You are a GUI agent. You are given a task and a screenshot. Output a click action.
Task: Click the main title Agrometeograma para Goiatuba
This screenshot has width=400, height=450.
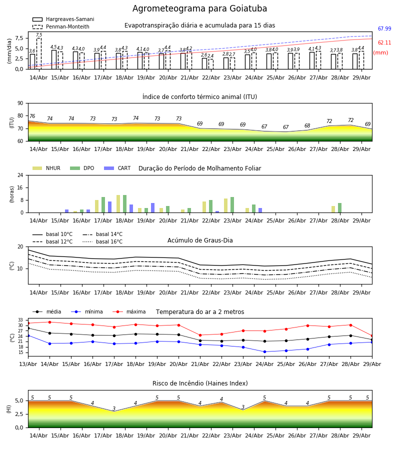(199, 8)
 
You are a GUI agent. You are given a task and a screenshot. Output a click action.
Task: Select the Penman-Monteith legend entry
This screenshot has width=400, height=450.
(61, 26)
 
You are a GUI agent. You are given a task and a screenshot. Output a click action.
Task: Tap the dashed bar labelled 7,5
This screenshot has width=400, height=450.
(39, 53)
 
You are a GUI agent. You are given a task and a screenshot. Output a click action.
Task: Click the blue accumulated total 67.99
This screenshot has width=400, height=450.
(384, 28)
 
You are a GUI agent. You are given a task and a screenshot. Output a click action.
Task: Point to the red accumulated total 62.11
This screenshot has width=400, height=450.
(384, 43)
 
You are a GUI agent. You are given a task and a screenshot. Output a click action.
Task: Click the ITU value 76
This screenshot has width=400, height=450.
(32, 116)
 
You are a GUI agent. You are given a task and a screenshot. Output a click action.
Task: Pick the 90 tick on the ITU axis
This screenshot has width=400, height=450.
(20, 103)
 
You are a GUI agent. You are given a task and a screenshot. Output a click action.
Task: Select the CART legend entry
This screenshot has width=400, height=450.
(117, 168)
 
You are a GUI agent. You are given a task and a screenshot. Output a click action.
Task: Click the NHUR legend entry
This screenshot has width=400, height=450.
(46, 168)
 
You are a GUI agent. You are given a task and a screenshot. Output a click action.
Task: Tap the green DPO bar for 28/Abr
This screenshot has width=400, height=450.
(339, 208)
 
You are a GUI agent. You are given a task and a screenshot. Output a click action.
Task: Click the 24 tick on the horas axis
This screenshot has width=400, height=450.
(20, 175)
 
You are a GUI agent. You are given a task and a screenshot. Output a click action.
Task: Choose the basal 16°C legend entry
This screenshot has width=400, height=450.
(102, 241)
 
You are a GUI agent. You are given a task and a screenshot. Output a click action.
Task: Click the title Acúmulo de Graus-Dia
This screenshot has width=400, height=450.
(200, 240)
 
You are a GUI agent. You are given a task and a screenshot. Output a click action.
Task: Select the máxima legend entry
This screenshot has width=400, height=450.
(129, 311)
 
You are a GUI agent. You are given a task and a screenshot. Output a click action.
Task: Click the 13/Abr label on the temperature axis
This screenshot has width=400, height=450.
(28, 364)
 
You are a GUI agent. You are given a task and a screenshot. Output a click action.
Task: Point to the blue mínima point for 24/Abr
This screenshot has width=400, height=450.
(264, 352)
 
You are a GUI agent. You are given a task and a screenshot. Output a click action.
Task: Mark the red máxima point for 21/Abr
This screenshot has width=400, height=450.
(200, 335)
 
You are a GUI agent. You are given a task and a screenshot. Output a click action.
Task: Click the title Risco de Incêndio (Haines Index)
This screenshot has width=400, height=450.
(200, 383)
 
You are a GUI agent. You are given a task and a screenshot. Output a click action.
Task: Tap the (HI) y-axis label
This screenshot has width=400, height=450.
(9, 409)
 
